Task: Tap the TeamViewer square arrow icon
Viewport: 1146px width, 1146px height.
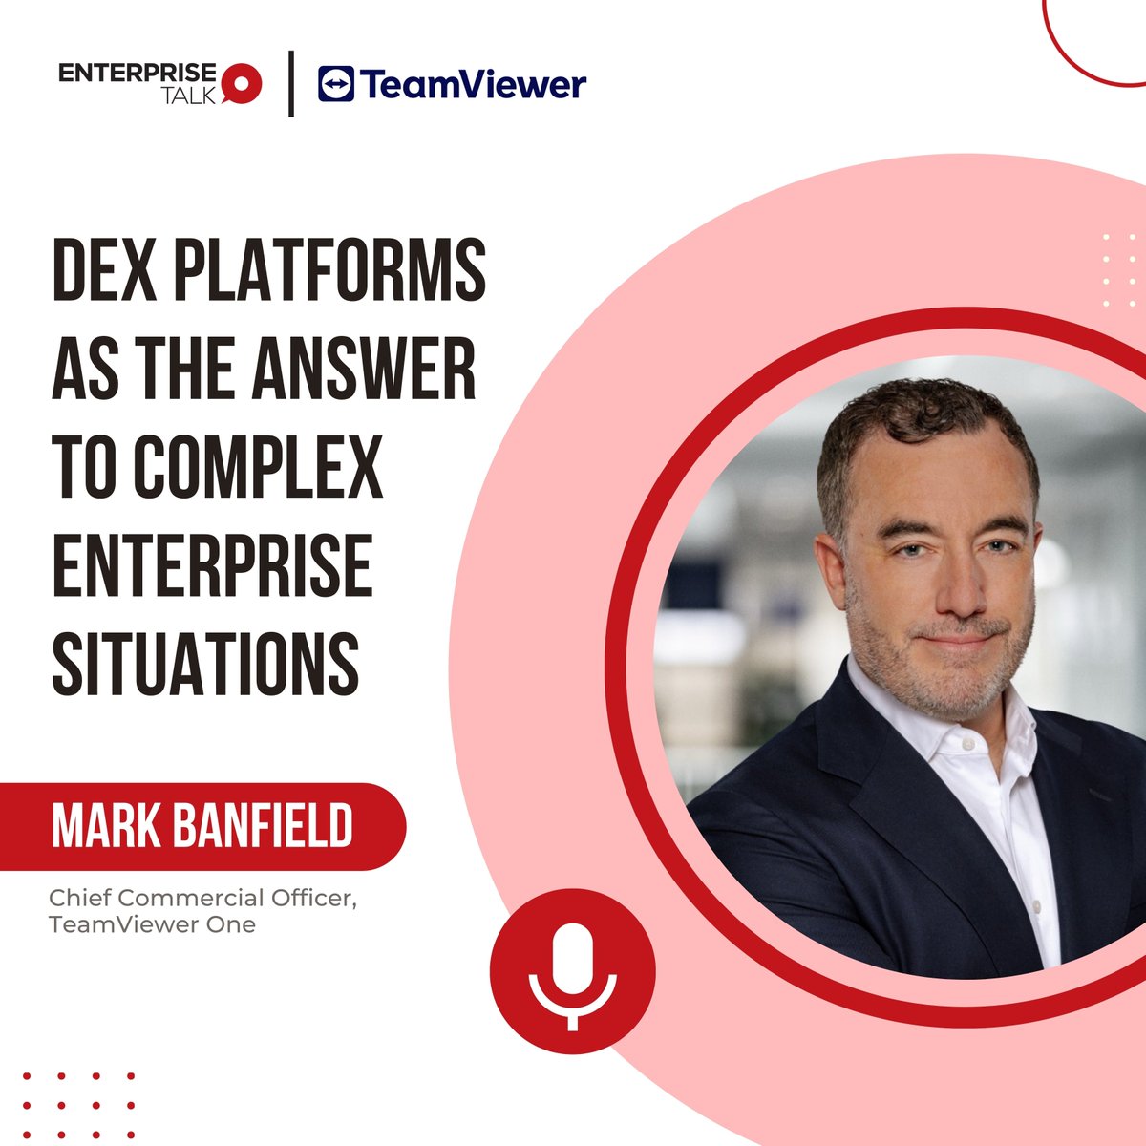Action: tap(335, 84)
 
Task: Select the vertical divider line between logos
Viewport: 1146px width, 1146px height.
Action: tap(291, 84)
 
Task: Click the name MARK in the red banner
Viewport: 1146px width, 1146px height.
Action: tap(102, 827)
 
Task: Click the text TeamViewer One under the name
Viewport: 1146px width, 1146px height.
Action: tap(152, 924)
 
